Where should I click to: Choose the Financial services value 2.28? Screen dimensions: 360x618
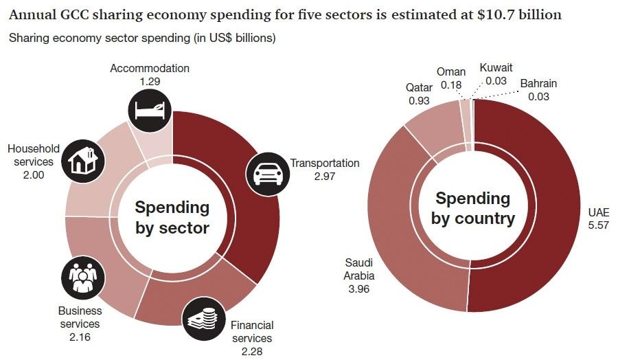click(252, 350)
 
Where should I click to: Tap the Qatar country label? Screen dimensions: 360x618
click(419, 88)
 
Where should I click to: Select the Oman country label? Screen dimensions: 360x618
click(451, 72)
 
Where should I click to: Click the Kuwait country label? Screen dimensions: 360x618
click(495, 68)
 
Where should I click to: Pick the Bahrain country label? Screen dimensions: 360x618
click(538, 84)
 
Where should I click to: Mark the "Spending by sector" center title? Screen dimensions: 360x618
click(172, 217)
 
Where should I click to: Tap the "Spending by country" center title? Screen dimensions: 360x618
click(473, 209)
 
